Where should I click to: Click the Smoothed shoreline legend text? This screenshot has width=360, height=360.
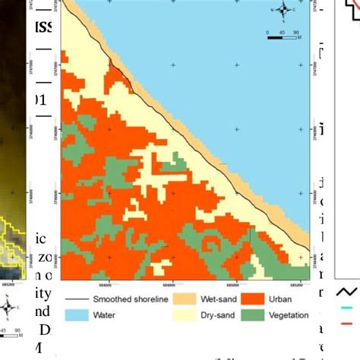click(x=128, y=298)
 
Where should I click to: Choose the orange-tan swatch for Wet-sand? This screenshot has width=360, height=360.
click(x=184, y=298)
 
